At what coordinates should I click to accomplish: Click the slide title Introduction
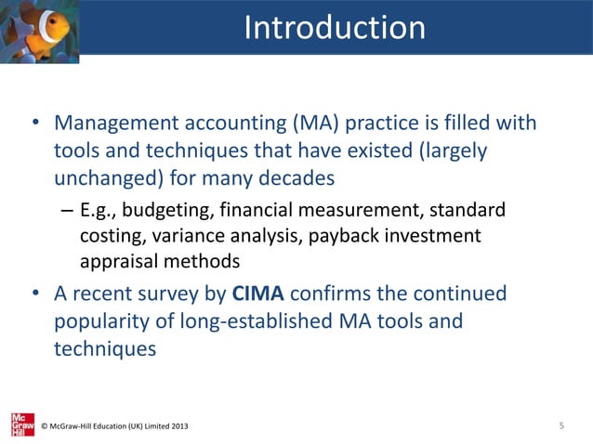[x=335, y=28]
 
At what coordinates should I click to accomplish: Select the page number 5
[x=561, y=425]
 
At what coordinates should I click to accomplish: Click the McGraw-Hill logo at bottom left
[x=21, y=424]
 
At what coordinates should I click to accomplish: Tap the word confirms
[x=352, y=294]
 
